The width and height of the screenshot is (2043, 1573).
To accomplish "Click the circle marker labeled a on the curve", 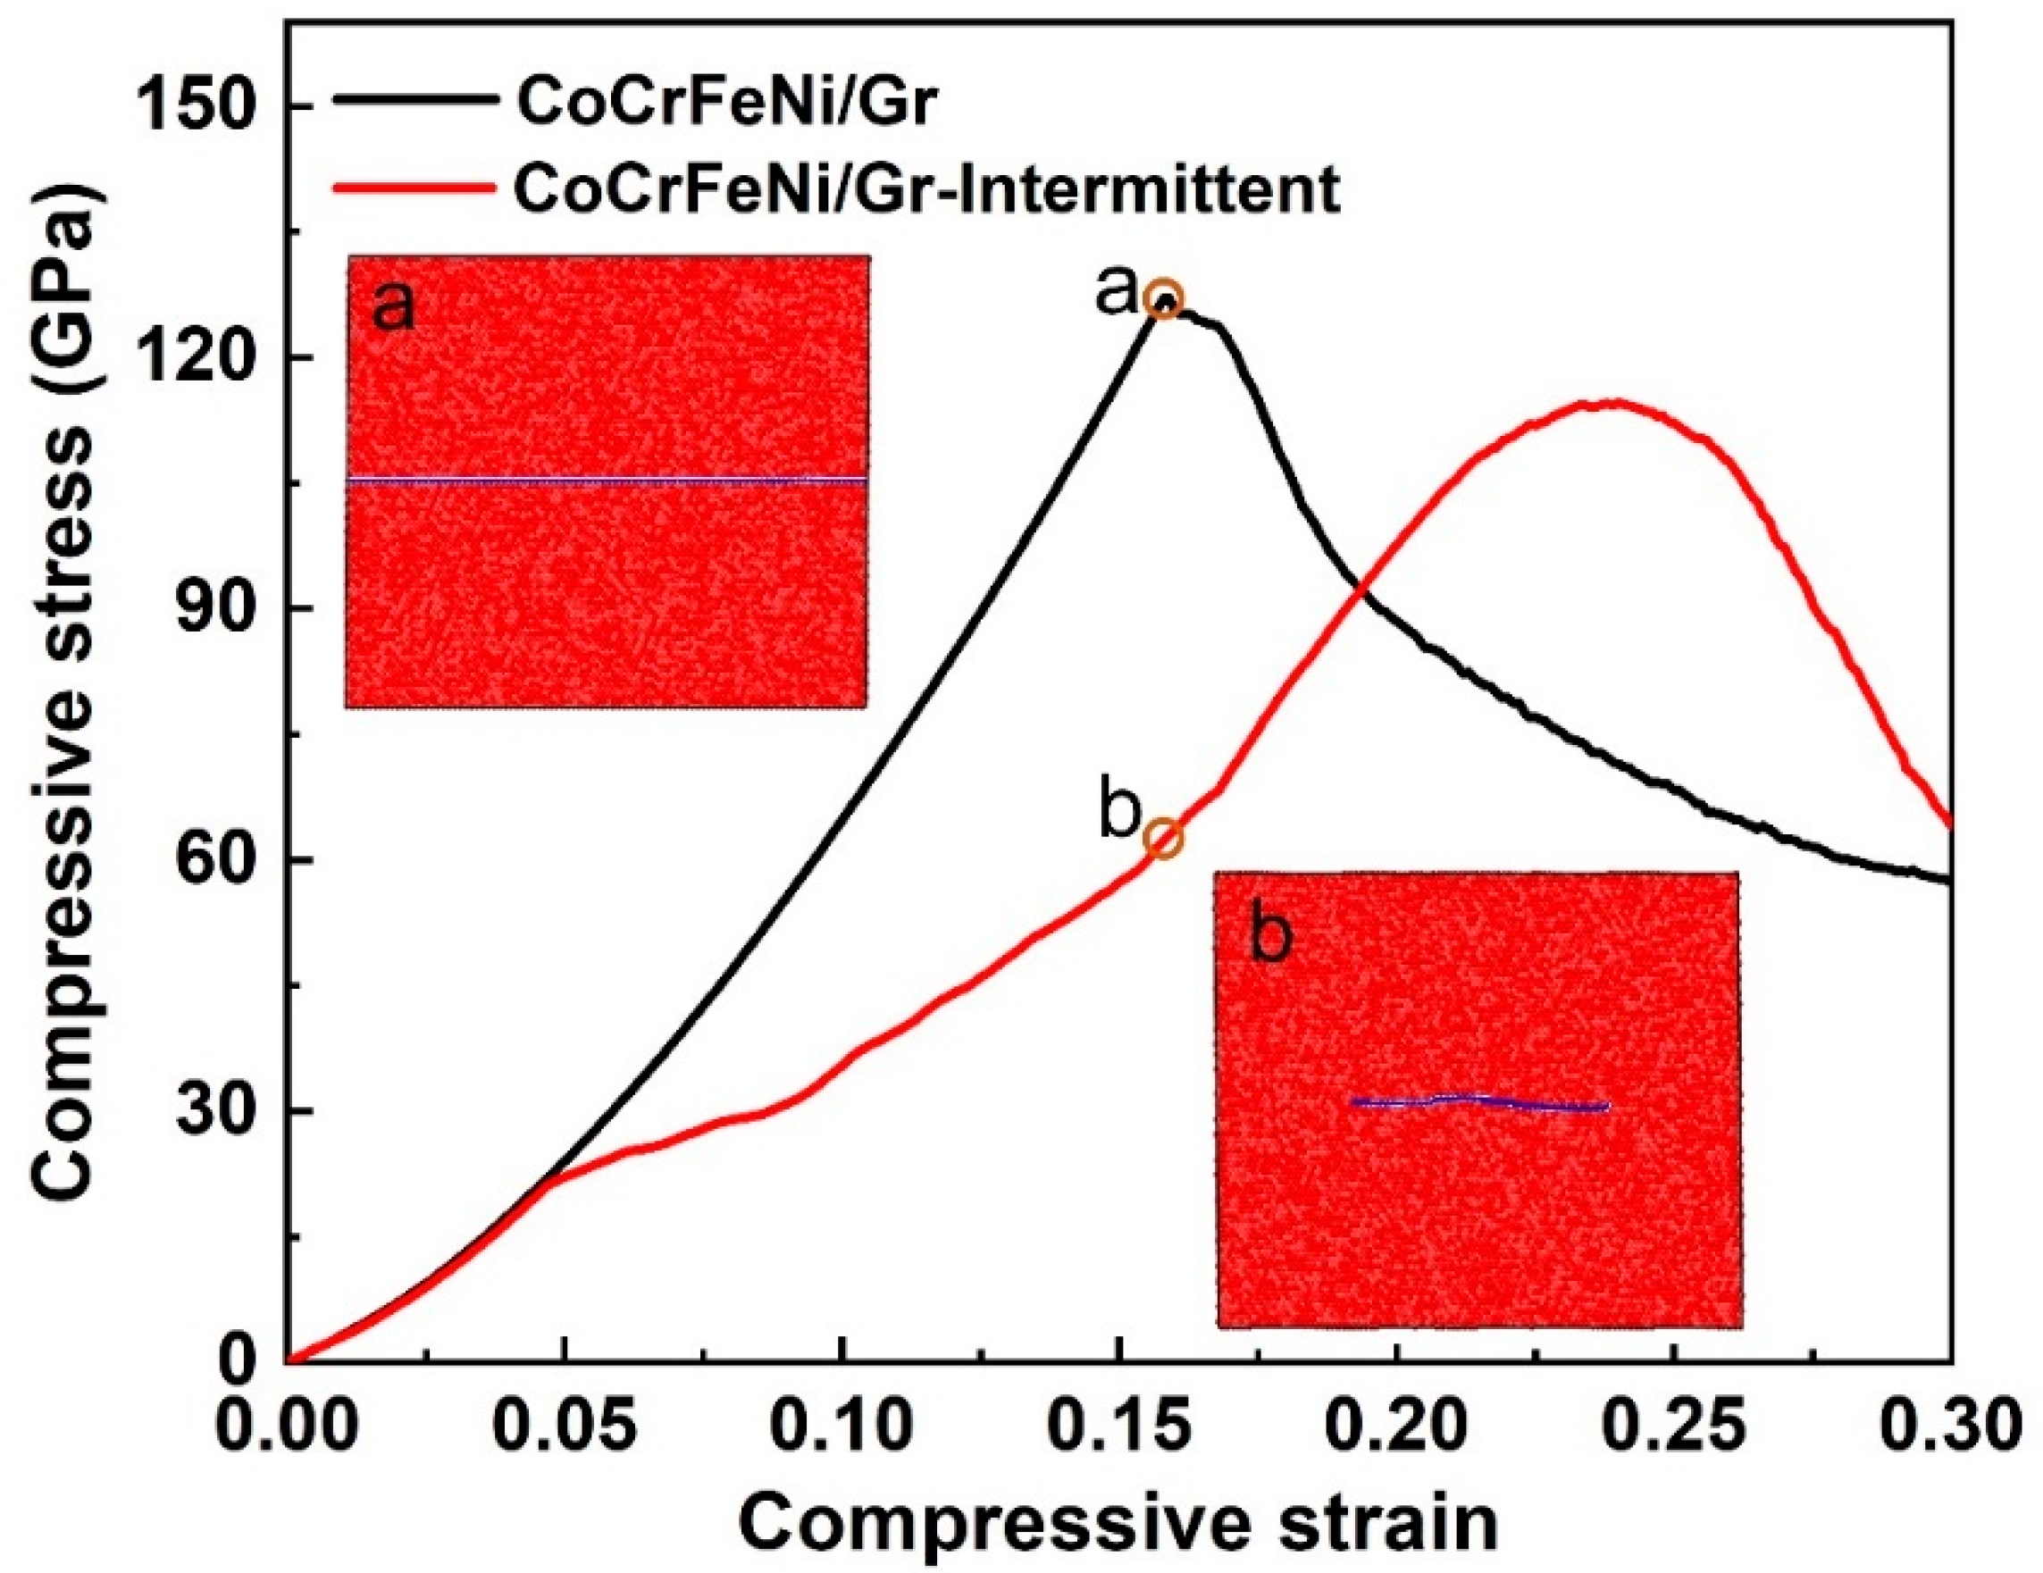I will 1166,299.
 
